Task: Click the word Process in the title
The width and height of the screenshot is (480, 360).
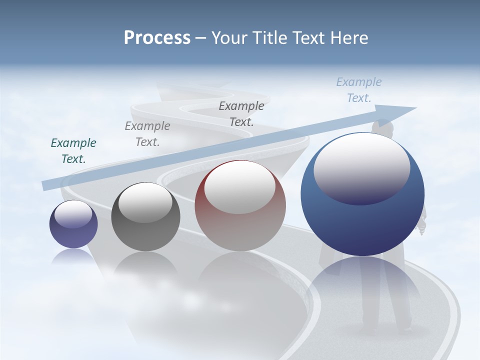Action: (157, 38)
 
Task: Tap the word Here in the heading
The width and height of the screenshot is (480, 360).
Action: (348, 38)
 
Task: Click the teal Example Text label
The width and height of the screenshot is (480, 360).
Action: (73, 151)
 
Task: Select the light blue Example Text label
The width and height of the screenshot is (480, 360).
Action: (359, 90)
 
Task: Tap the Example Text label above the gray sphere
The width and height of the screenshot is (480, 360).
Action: (147, 134)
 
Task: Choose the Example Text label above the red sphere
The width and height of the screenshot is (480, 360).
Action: (241, 113)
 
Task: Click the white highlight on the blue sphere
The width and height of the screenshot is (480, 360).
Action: (361, 167)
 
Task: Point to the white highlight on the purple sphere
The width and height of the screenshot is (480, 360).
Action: (73, 214)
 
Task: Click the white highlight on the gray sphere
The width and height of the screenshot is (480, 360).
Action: (145, 202)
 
